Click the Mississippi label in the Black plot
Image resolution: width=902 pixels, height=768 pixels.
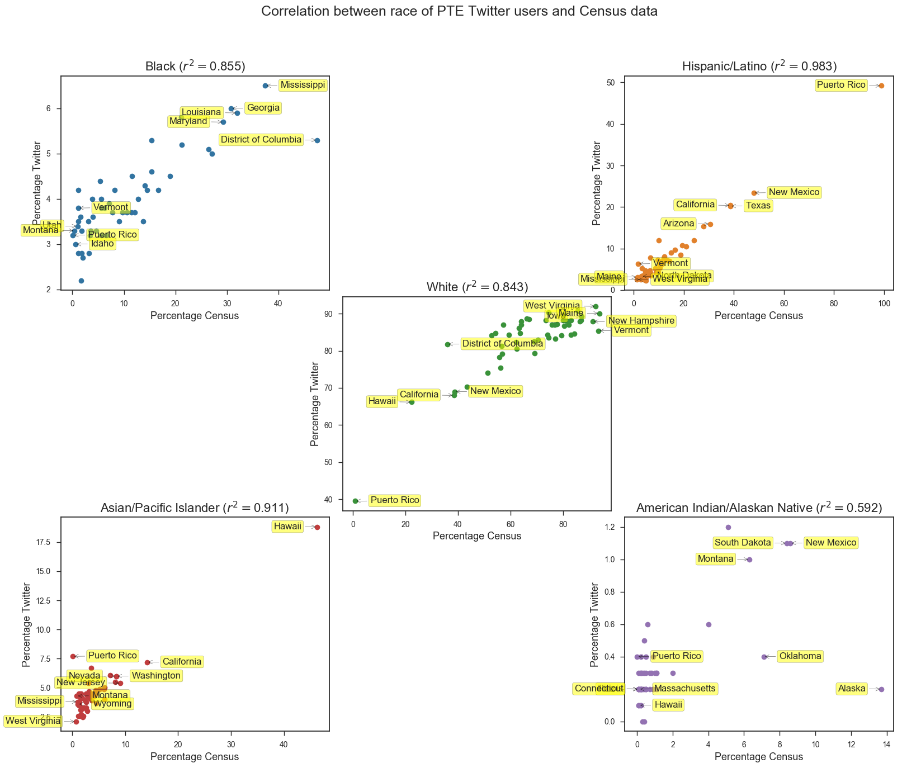click(303, 86)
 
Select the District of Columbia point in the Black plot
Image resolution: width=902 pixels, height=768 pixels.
click(317, 140)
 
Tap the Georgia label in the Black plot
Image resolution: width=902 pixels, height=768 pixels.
click(263, 108)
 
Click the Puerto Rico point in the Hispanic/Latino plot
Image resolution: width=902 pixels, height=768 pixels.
click(881, 86)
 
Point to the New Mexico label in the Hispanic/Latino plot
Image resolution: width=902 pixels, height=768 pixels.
click(794, 192)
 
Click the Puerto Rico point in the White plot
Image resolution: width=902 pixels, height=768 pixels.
click(356, 501)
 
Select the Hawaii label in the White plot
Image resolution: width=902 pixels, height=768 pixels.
click(382, 401)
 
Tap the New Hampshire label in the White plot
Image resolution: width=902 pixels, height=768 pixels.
click(641, 321)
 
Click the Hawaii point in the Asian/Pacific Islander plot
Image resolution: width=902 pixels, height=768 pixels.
click(317, 527)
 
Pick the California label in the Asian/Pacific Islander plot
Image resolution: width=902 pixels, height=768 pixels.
click(182, 662)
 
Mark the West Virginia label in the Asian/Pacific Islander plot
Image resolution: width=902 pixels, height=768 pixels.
click(33, 721)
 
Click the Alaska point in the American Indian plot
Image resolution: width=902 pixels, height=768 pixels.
click(881, 689)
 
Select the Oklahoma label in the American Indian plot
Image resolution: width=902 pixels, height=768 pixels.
click(800, 656)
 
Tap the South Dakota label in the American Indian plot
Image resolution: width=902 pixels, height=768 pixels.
click(743, 543)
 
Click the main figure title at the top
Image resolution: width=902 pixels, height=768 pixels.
click(459, 11)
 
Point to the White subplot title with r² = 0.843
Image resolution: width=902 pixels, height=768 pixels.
click(477, 287)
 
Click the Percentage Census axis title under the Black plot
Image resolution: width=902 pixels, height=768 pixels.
click(195, 316)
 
